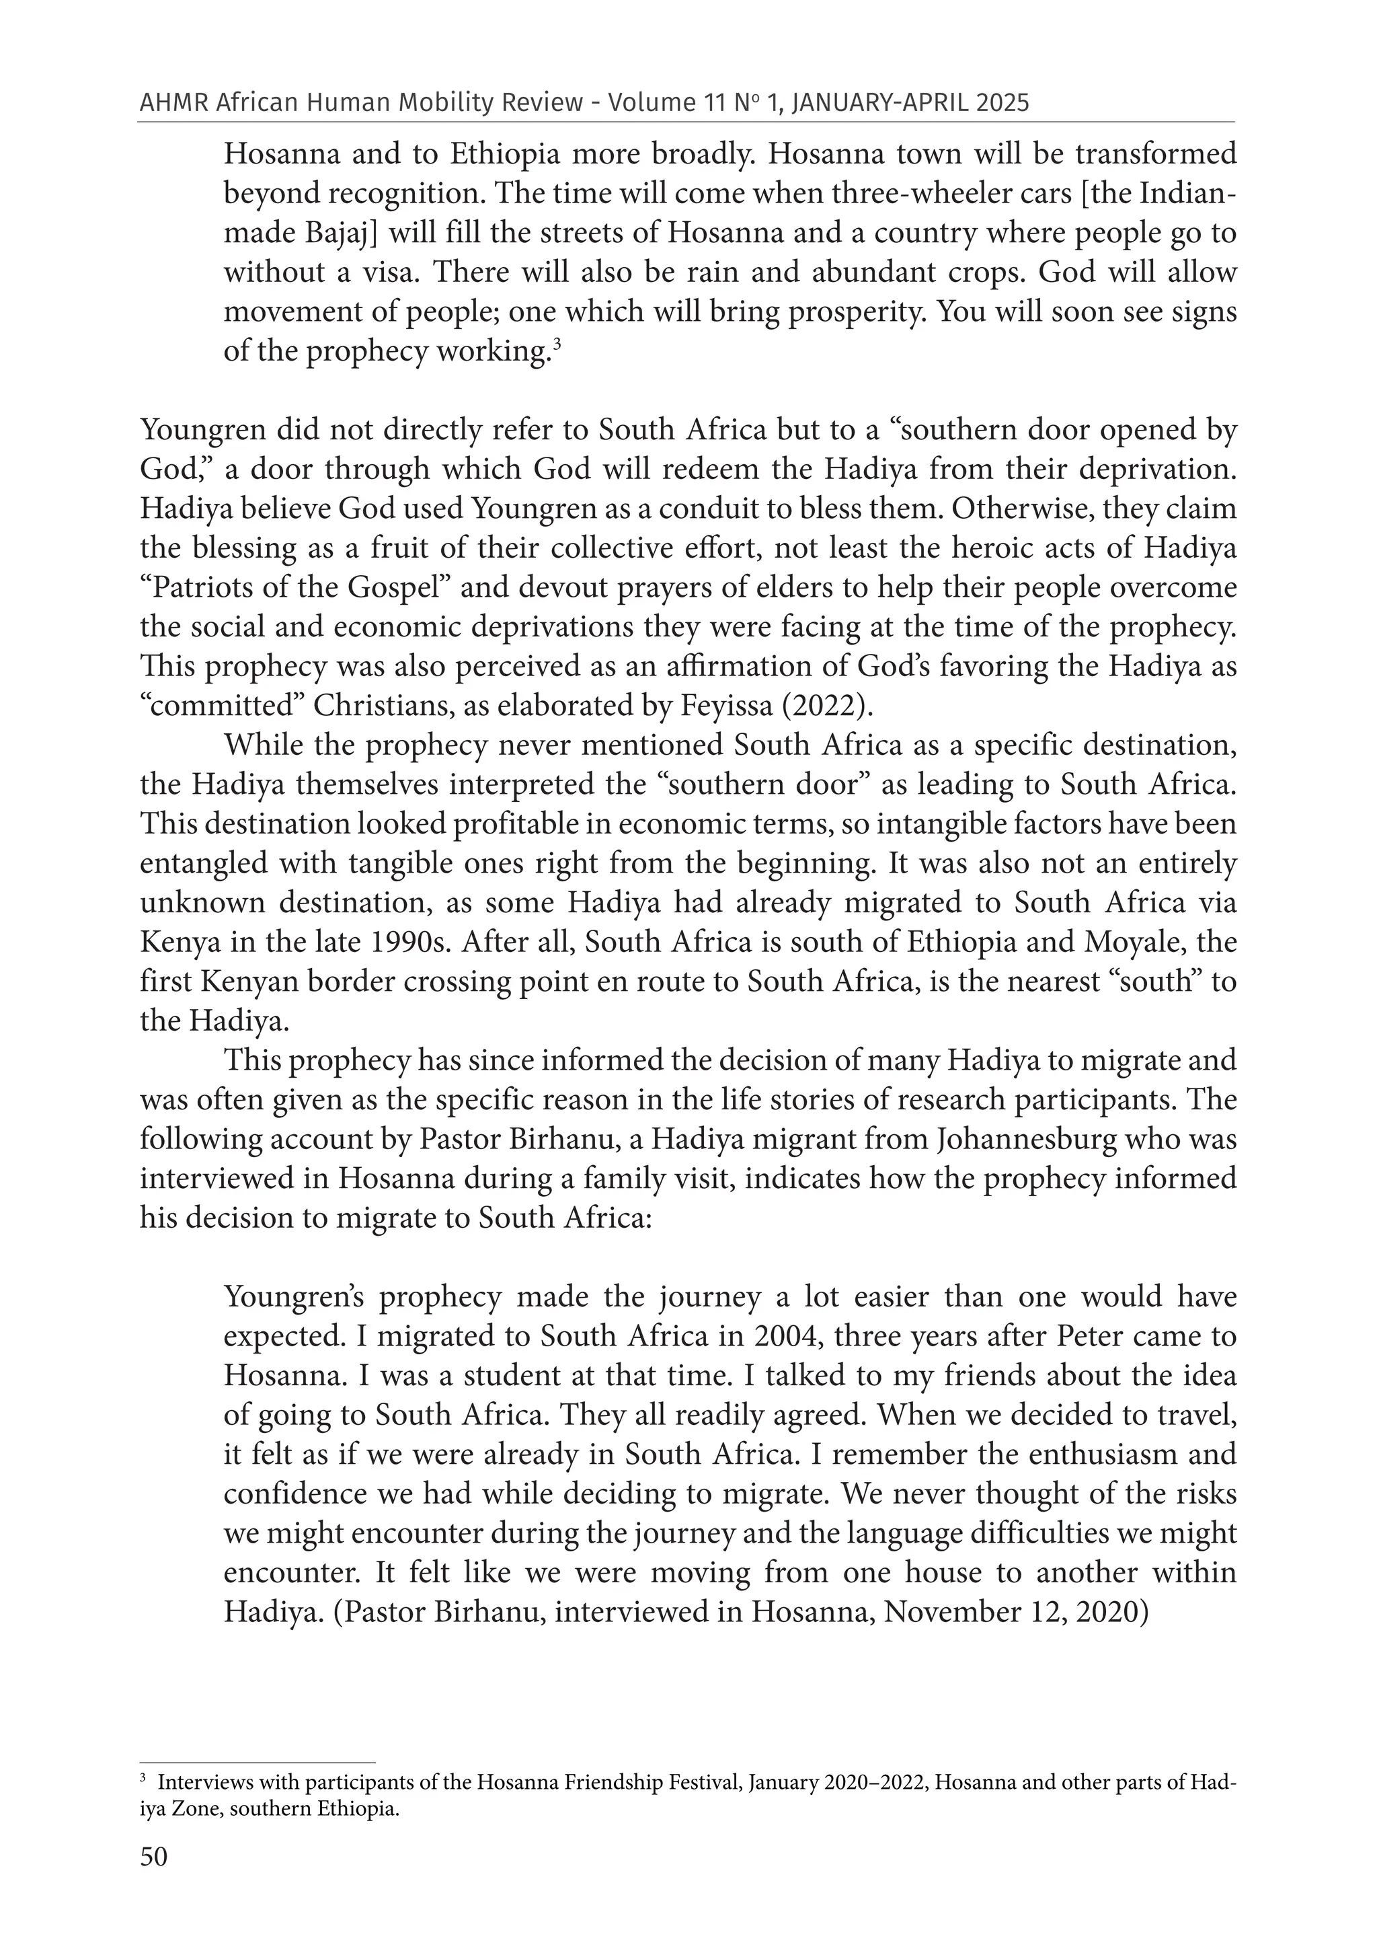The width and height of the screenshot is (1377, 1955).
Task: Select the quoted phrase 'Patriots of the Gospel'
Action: (x=295, y=587)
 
